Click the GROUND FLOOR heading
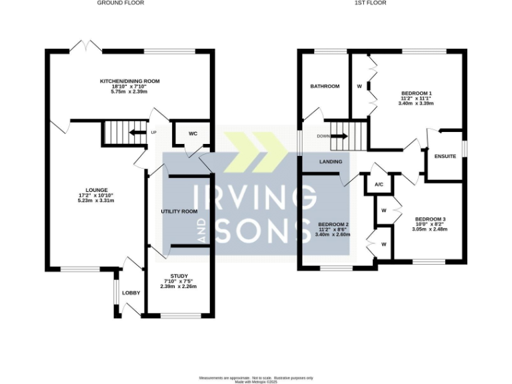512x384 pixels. (x=121, y=3)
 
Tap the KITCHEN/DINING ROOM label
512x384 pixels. (x=130, y=81)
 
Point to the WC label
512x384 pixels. (x=193, y=134)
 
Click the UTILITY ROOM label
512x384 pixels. (x=179, y=211)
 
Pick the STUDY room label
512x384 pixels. (x=179, y=275)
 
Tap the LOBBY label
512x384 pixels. (x=131, y=293)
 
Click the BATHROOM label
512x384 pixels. (x=325, y=86)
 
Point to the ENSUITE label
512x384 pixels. (x=444, y=157)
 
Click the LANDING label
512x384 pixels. (x=331, y=161)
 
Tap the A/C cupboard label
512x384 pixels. (x=379, y=185)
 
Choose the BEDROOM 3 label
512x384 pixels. (x=430, y=219)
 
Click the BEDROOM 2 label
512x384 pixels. (x=333, y=224)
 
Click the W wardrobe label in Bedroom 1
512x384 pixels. (x=359, y=86)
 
